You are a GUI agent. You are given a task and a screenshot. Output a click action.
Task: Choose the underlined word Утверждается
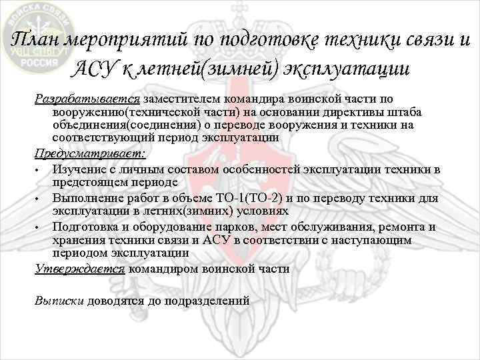pyautogui.click(x=79, y=269)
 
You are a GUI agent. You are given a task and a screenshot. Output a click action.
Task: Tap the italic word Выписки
pyautogui.click(x=59, y=300)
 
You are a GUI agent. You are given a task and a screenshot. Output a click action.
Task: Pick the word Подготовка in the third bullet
pyautogui.click(x=81, y=227)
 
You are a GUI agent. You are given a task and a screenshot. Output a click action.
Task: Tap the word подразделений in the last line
pyautogui.click(x=207, y=300)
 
